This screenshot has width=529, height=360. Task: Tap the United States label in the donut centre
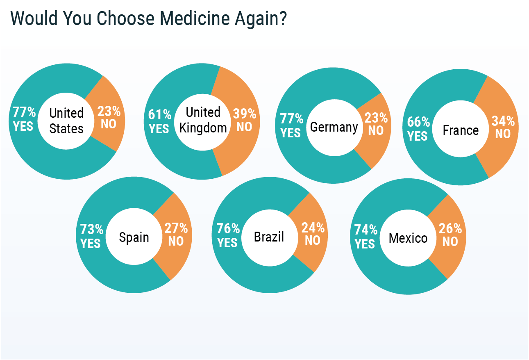66,121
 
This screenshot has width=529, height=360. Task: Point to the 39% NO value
244,120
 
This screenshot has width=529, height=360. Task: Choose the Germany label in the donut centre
334,127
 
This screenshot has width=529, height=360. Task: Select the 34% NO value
503,127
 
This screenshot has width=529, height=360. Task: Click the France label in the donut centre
461,130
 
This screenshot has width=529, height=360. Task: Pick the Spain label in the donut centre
134,237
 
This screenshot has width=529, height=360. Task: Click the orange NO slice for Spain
174,258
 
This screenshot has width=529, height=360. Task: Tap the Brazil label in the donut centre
269,237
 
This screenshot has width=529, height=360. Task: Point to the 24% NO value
313,234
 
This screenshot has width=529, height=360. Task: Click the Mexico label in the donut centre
408,238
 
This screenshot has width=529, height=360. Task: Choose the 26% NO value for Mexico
450,235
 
